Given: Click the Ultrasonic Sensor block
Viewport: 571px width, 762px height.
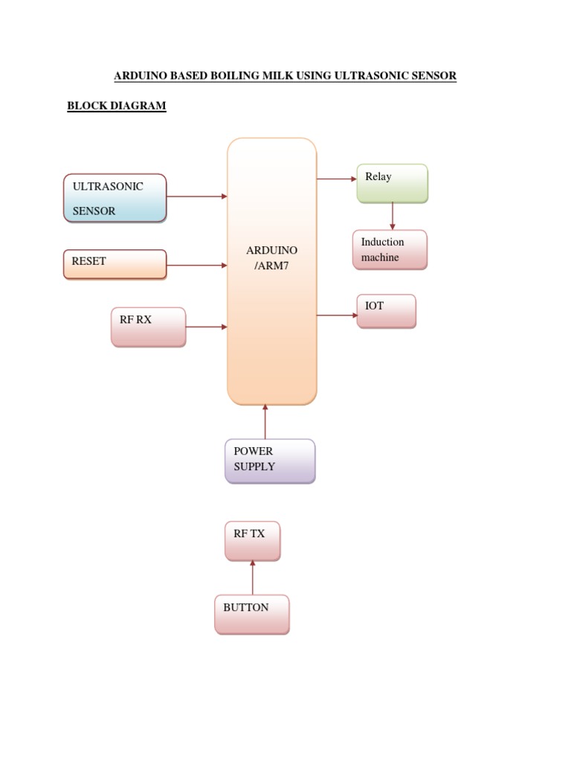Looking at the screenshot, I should coord(114,198).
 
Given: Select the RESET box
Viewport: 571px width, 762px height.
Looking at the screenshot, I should coord(114,264).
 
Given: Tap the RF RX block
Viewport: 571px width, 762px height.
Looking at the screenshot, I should coord(148,327).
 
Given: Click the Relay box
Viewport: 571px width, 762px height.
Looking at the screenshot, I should coord(392,183).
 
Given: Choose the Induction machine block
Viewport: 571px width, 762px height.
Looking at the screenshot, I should coord(390,249).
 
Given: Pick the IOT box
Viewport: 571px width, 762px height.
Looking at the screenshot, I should coord(386,311).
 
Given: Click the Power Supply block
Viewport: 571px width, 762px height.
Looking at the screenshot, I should coord(270,461).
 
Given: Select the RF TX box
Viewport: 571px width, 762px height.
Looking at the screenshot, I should coord(253,541).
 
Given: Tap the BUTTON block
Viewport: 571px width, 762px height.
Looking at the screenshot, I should coord(251,614).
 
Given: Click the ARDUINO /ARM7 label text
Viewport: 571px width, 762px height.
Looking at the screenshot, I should coord(272,257).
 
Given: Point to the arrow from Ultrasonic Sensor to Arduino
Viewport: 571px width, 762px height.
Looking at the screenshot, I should coord(196,196).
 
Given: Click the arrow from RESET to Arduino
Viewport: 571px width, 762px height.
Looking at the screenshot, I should coord(196,265).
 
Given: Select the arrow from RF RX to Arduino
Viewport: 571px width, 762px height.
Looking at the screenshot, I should coord(206,327).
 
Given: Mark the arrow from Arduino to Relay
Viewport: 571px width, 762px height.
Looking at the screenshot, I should coord(337,179).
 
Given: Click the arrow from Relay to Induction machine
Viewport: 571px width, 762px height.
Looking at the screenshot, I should coord(393,216).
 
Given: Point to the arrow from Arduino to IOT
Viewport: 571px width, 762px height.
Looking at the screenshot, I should coord(337,316).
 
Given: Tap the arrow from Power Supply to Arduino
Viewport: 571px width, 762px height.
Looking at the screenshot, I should coord(265,421).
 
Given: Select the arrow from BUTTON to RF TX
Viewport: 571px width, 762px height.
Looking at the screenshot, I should coord(253,577).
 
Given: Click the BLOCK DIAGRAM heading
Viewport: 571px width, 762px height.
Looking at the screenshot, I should coord(117,106).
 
